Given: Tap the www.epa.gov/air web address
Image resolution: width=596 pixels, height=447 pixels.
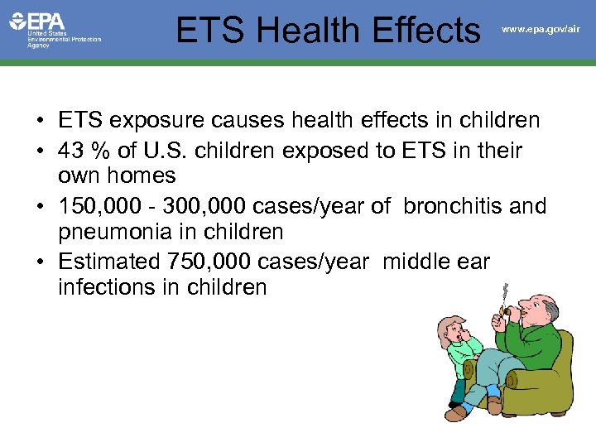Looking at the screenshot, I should [x=541, y=30].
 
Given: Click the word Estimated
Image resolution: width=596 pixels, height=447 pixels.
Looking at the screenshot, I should [x=110, y=261].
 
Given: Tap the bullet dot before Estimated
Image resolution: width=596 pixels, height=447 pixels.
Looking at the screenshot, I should [x=41, y=262].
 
